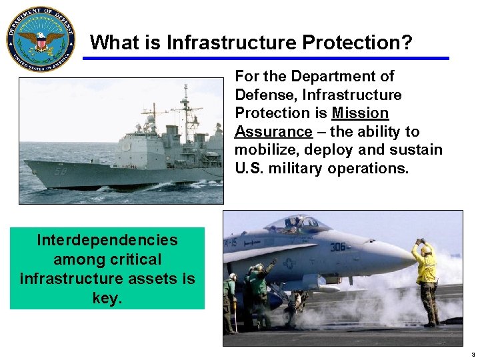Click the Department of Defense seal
click(x=40, y=39)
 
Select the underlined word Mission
click(x=360, y=113)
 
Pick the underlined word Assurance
click(x=273, y=131)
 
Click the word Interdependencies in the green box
click(x=107, y=239)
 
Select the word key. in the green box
click(x=107, y=297)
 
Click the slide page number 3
click(x=471, y=354)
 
